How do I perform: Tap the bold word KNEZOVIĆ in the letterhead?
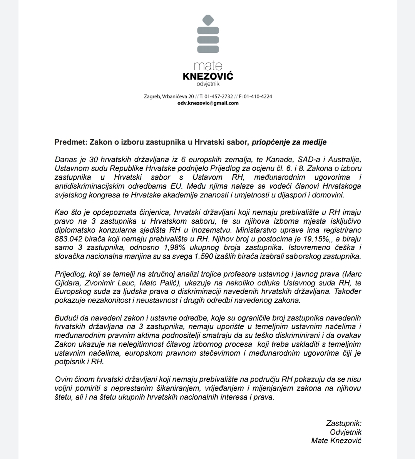tap(208, 76)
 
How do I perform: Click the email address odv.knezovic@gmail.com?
tap(208, 103)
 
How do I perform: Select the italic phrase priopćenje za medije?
tap(289, 142)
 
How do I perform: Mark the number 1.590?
tap(195, 256)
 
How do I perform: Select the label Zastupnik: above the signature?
tap(344, 423)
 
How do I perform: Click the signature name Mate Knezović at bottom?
tap(336, 440)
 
